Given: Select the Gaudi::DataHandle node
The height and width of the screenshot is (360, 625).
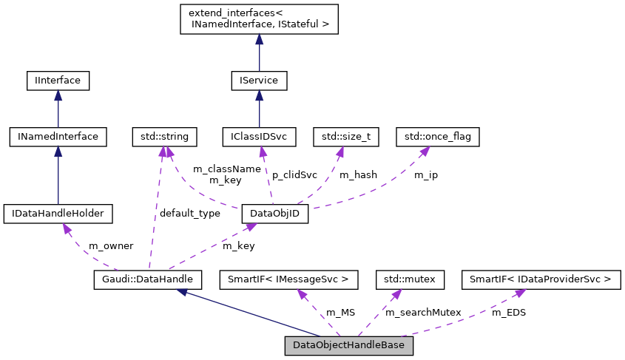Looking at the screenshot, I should click(148, 279).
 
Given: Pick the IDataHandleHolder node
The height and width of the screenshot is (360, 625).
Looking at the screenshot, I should click(58, 214).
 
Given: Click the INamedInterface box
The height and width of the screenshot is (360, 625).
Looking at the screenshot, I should click(58, 137).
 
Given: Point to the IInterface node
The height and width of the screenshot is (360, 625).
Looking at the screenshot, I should click(58, 80).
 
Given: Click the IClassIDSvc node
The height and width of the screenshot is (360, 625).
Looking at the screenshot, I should click(259, 137).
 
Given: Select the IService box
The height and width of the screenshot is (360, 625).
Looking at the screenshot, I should click(259, 80).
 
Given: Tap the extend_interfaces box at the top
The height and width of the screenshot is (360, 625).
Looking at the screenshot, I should click(259, 20).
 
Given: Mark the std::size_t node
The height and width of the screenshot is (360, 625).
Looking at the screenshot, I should click(346, 137).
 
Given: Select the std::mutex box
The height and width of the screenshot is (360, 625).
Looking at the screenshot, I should click(411, 279).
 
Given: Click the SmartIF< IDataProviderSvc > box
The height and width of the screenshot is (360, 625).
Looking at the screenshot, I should click(540, 279).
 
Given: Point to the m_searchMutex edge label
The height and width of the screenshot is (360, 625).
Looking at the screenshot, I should click(423, 313).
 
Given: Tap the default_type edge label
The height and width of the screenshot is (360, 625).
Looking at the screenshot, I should click(190, 214).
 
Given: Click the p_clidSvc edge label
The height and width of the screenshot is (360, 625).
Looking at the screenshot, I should click(294, 175).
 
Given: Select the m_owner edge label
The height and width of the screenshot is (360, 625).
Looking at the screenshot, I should click(110, 245).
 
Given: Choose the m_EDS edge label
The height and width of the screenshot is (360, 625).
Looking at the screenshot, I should click(509, 313).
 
